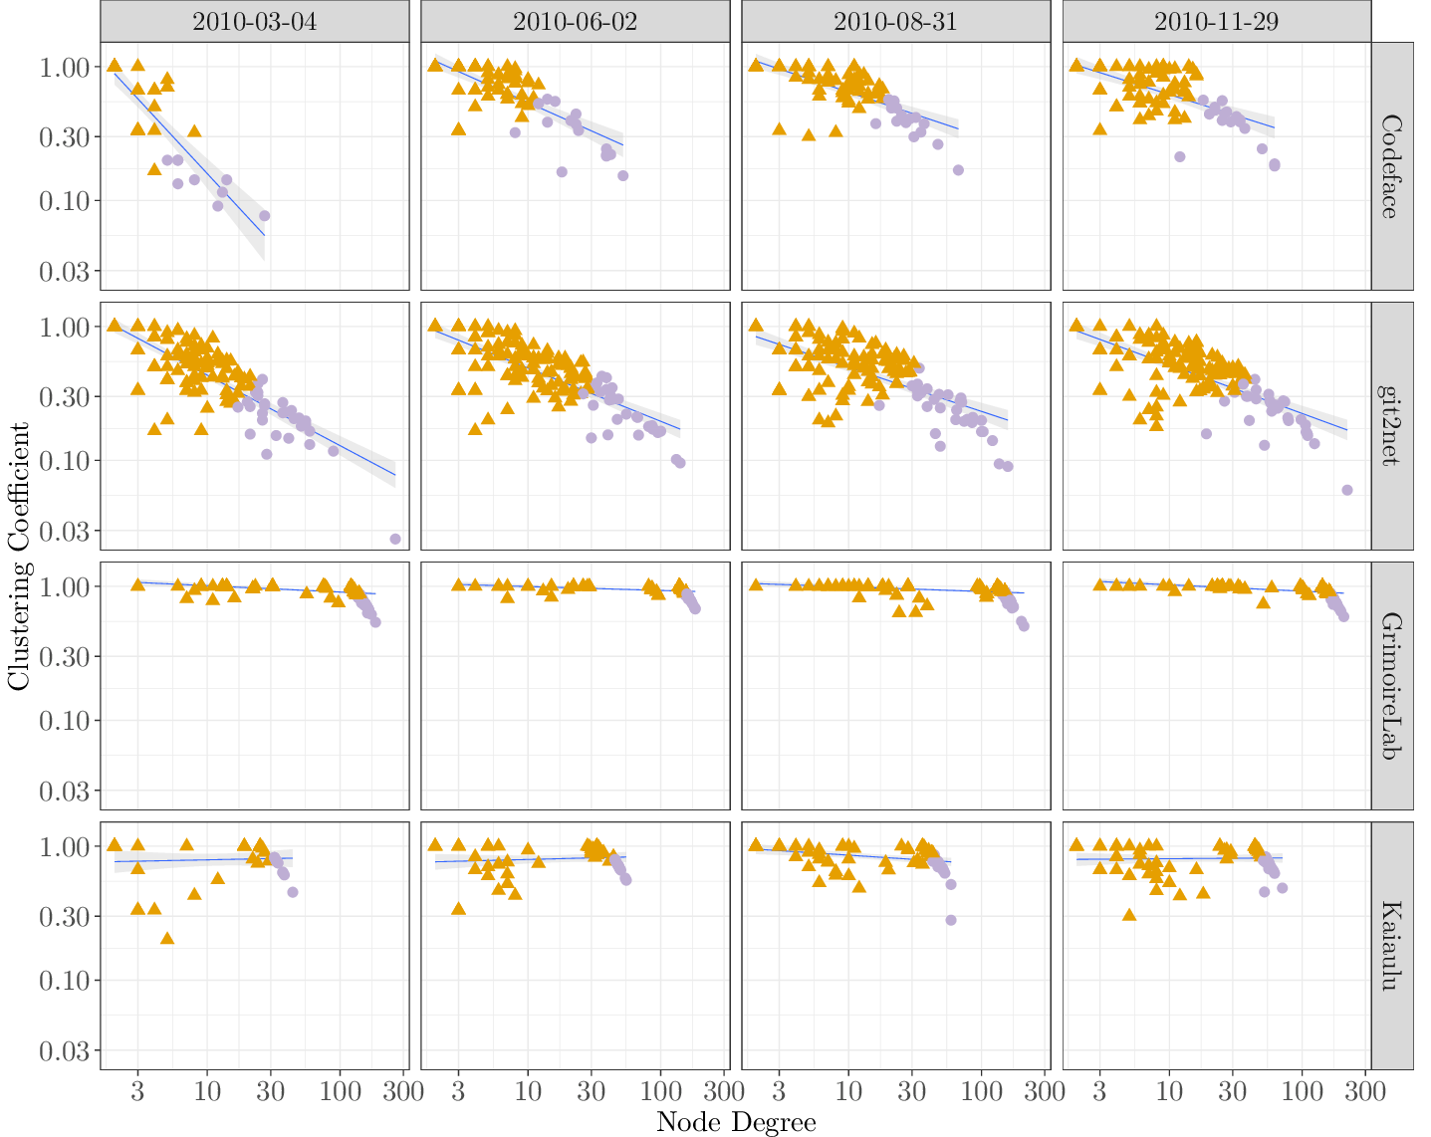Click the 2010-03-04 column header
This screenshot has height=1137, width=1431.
pos(254,21)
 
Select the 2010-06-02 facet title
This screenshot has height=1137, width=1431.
pos(575,21)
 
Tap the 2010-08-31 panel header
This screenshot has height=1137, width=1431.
pos(895,21)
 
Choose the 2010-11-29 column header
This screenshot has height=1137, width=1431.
pos(1216,21)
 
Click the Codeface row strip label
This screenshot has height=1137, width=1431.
pos(1391,166)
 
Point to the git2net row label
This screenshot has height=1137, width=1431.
pos(1391,426)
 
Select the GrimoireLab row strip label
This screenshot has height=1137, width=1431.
pos(1391,686)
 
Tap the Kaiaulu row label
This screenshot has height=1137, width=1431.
pos(1391,946)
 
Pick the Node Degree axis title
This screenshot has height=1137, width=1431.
pos(736,1122)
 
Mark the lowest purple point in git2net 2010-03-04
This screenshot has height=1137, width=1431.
pos(395,539)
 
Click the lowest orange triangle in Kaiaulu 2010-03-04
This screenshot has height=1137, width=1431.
pos(167,938)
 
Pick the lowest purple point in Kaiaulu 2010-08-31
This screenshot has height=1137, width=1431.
pos(951,920)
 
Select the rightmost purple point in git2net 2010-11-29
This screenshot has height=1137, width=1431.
pos(1347,490)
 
